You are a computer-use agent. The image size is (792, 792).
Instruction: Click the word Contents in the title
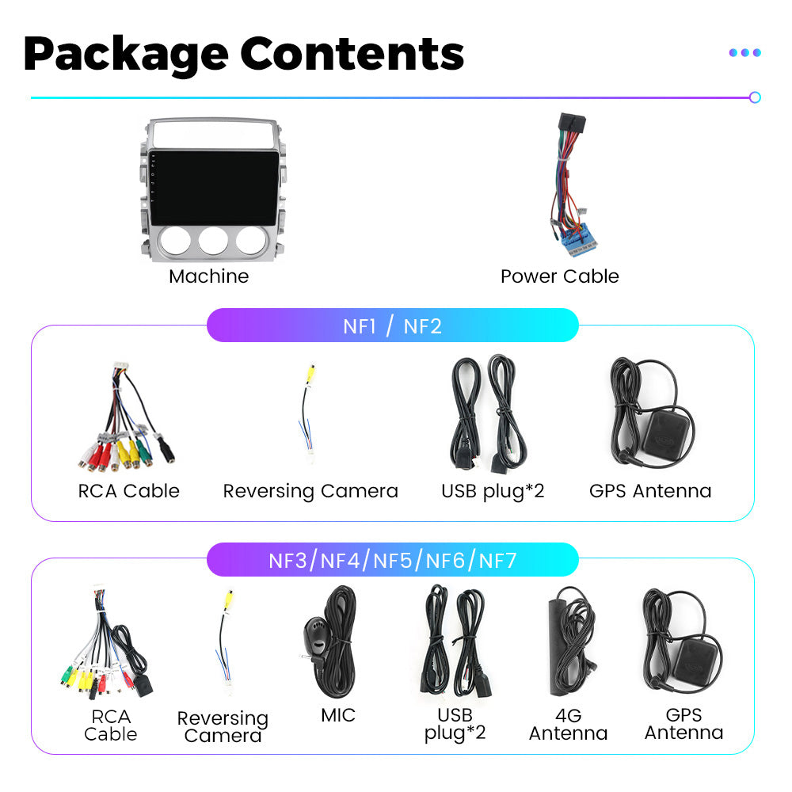point(352,53)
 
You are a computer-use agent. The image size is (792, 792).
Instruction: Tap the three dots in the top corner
point(744,52)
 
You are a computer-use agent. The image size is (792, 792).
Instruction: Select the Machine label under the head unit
point(208,276)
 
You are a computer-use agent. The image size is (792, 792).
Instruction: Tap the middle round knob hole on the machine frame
point(212,239)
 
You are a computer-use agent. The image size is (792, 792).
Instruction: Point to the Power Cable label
point(559,276)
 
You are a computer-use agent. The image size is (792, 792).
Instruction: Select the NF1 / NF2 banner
point(392,326)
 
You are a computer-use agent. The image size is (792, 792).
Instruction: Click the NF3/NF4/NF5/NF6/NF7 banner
point(392,561)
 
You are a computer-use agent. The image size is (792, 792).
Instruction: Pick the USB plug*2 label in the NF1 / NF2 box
point(493,491)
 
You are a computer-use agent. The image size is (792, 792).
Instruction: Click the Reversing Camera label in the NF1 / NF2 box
point(310,491)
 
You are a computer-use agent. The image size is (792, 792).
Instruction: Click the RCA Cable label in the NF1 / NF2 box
point(129,491)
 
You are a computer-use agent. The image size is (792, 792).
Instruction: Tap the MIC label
point(338,715)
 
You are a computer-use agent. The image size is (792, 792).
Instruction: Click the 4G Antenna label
point(568,725)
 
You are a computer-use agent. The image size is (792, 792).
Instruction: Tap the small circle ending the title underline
point(755,97)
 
